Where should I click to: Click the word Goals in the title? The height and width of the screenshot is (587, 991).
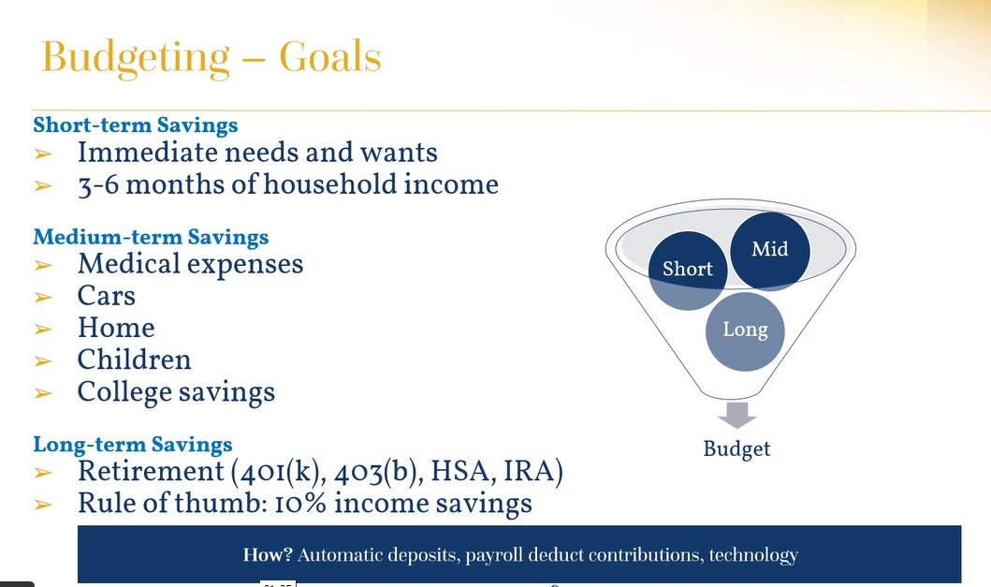(x=330, y=57)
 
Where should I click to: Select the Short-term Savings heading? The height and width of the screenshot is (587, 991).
(x=136, y=125)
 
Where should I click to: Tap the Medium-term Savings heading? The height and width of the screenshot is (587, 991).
(x=151, y=237)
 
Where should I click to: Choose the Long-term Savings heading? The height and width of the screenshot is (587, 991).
(x=133, y=444)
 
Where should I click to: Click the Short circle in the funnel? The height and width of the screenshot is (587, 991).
(x=688, y=271)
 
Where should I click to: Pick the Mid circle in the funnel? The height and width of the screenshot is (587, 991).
(x=770, y=251)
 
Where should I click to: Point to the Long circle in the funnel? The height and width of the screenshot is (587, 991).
(x=745, y=330)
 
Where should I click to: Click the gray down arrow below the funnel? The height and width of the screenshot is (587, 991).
(x=736, y=415)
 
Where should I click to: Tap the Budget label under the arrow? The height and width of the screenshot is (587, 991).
(x=736, y=449)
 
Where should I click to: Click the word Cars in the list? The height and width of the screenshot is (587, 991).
(x=106, y=296)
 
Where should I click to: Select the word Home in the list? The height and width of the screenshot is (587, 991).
(x=116, y=328)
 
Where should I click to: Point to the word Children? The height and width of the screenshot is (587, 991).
(x=134, y=360)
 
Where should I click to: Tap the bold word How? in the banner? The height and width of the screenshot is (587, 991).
(x=268, y=555)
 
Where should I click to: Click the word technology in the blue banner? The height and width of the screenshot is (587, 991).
(x=753, y=555)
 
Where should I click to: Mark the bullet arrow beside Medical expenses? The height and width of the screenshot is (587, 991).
(x=43, y=265)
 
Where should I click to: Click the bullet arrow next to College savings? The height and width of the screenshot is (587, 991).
(x=43, y=393)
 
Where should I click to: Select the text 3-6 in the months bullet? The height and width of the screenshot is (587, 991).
(x=98, y=185)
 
